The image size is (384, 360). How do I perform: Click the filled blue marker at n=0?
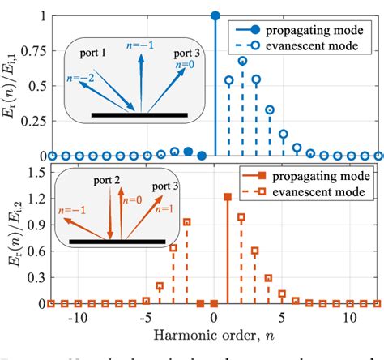[x=215, y=15]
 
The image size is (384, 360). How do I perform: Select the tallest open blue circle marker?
[x=242, y=61]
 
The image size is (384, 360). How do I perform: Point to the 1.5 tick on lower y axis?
[x=37, y=172]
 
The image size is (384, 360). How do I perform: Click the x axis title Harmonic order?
[x=215, y=334]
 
